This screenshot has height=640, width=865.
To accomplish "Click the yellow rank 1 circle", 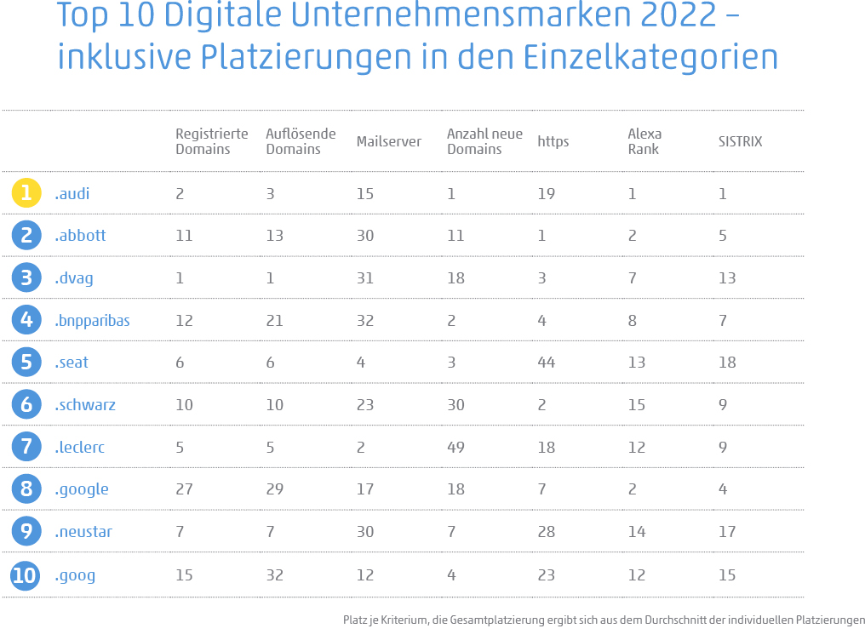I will pyautogui.click(x=26, y=193).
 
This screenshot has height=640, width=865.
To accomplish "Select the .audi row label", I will pyautogui.click(x=72, y=193).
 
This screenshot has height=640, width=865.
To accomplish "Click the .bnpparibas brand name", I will pyautogui.click(x=92, y=321).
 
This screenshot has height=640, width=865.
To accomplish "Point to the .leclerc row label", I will pyautogui.click(x=80, y=447).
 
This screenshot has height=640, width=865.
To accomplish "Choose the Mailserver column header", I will pyautogui.click(x=388, y=142).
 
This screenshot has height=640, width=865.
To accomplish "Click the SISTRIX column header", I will pyautogui.click(x=740, y=142).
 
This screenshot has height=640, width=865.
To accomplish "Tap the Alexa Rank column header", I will pyautogui.click(x=644, y=141).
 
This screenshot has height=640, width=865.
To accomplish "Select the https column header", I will pyautogui.click(x=553, y=142).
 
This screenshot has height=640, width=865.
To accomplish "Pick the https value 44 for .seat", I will pyautogui.click(x=546, y=363).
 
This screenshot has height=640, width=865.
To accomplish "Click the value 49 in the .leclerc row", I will pyautogui.click(x=455, y=447).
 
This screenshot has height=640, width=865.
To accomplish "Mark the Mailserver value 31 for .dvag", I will pyautogui.click(x=365, y=278).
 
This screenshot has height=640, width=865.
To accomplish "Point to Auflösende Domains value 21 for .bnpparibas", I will pyautogui.click(x=275, y=321).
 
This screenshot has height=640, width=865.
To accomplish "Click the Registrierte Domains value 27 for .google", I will pyautogui.click(x=184, y=489).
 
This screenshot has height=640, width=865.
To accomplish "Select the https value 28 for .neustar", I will pyautogui.click(x=546, y=532).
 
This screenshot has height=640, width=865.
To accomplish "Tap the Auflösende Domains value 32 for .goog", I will pyautogui.click(x=275, y=575).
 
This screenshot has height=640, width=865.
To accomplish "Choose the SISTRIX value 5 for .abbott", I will pyautogui.click(x=722, y=236).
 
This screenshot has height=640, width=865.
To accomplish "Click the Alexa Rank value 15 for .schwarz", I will pyautogui.click(x=636, y=405).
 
